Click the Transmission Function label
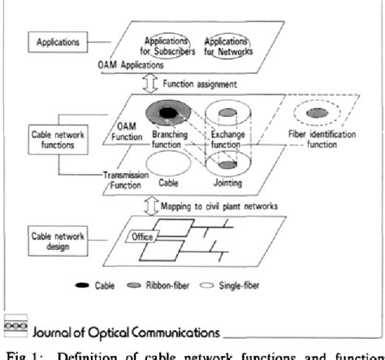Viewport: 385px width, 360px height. (x=125, y=179)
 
